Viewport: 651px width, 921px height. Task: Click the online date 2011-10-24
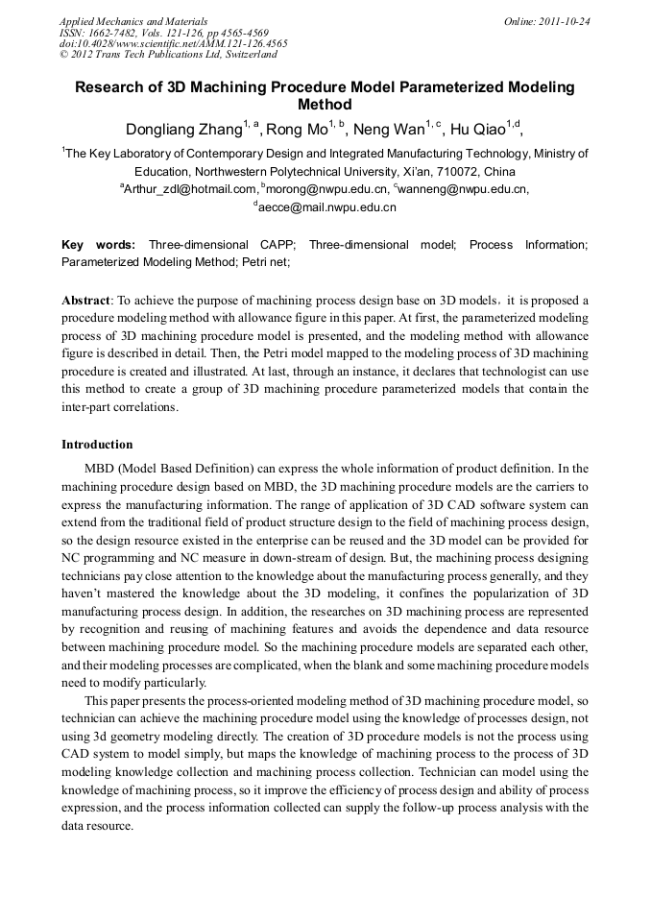565,21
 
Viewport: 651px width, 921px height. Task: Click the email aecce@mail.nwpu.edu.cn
327,206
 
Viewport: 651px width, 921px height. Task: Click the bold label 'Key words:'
98,245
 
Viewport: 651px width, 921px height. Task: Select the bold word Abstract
85,301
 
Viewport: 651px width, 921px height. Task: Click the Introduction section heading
97,445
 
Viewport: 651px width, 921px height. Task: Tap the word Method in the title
325,105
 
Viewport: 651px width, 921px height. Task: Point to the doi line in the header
174,44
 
